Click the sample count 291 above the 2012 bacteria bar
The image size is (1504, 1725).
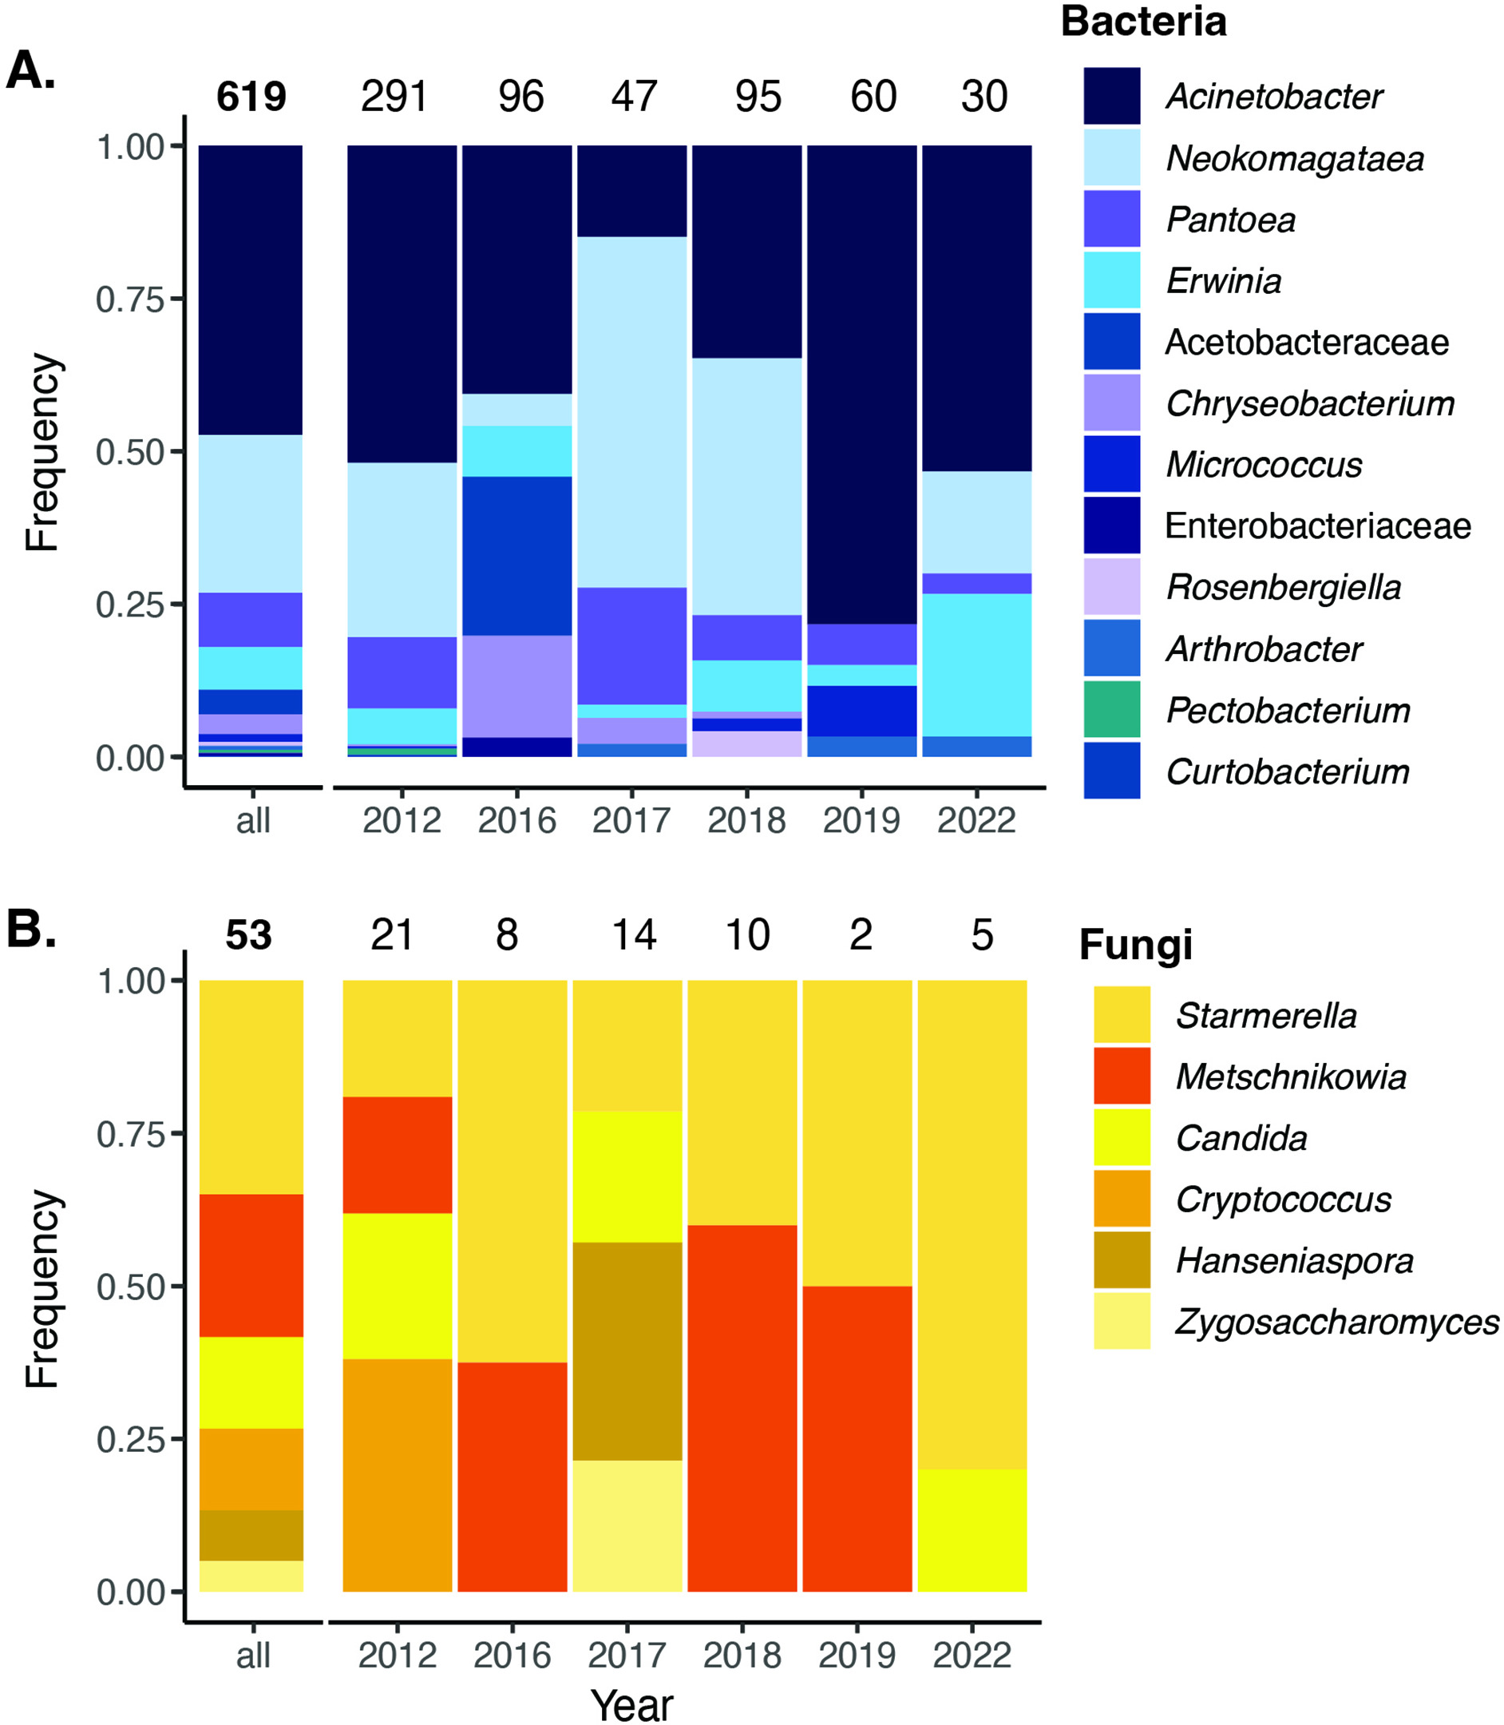coord(394,97)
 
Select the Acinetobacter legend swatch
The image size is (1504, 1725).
coord(1111,96)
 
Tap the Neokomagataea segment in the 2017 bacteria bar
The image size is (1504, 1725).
coord(631,411)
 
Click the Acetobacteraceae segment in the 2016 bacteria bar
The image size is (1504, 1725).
coord(517,556)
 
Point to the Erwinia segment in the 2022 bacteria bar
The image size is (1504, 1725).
coord(976,664)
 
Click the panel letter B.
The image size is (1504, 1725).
coord(31,930)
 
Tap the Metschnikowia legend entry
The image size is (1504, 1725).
coord(1290,1077)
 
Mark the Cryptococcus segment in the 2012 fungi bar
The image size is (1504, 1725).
coord(397,1475)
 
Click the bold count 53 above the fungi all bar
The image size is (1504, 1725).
coord(248,935)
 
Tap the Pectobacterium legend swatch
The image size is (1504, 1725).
coord(1111,709)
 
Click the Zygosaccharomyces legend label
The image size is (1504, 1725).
coord(1336,1321)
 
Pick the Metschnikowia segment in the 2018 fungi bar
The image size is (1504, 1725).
coord(742,1409)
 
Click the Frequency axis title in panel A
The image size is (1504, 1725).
coord(42,451)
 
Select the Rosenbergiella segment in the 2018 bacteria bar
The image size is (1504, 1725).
coord(746,744)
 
